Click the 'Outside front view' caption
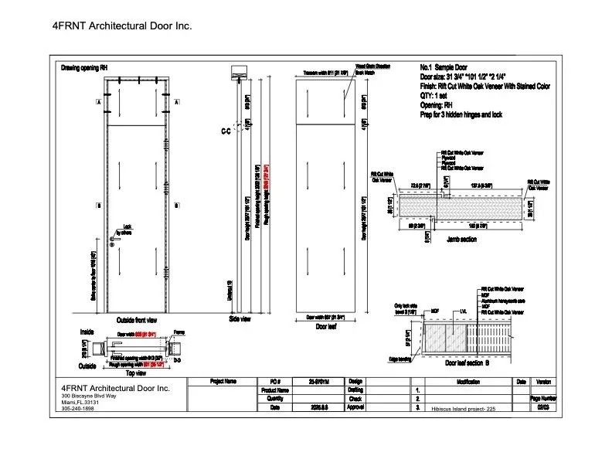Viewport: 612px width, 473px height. click(x=137, y=319)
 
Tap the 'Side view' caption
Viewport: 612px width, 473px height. click(x=240, y=318)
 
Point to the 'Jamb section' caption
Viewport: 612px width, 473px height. click(x=462, y=240)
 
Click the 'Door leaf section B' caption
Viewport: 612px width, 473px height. click(x=471, y=362)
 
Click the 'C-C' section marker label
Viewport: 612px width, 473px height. click(x=226, y=132)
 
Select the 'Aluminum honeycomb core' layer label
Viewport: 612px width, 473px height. click(x=504, y=299)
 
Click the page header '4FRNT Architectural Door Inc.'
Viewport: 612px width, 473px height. click(x=121, y=26)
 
